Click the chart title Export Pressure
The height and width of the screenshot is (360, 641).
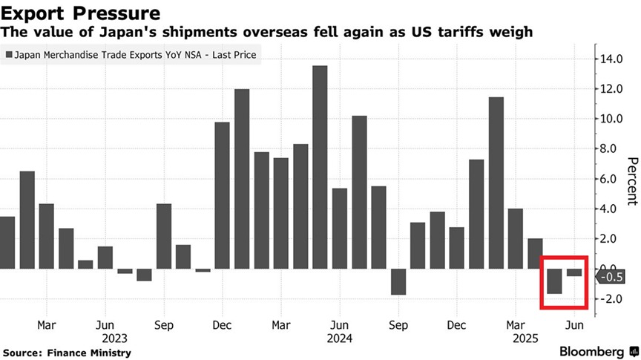pos(81,13)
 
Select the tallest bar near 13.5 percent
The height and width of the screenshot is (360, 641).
pos(320,167)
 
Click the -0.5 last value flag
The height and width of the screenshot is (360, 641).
pos(608,277)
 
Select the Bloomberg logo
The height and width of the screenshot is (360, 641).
pos(591,350)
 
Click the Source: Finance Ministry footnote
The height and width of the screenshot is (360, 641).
pos(67,353)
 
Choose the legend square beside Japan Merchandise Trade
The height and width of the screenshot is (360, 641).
pos(9,54)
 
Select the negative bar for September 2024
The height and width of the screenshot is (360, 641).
pos(398,281)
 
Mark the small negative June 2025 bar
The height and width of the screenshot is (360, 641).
pos(574,272)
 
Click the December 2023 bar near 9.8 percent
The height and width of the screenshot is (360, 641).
pos(222,195)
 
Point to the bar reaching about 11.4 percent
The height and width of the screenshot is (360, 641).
pos(496,183)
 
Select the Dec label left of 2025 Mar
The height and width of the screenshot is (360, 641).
pos(457,325)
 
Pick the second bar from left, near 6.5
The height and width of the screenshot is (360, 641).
pos(27,220)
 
